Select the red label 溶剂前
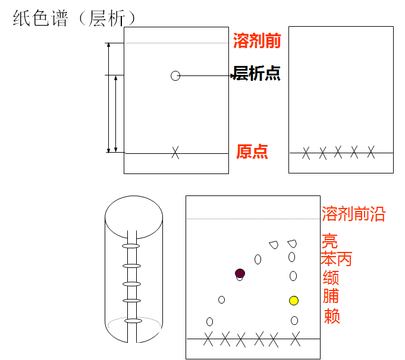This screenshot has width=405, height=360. [257, 41]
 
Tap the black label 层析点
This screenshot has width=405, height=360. [257, 74]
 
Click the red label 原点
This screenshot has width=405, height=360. [252, 151]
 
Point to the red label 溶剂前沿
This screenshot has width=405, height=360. [353, 214]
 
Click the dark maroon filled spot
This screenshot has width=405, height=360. [240, 273]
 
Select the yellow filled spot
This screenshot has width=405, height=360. [294, 301]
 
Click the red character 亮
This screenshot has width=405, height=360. [329, 241]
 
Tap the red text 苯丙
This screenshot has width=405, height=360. [336, 259]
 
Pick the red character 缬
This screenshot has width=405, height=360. [331, 277]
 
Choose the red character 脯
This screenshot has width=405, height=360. [331, 296]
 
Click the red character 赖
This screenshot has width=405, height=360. [332, 315]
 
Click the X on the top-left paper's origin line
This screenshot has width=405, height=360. [175, 153]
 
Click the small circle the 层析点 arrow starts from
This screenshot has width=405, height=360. [175, 75]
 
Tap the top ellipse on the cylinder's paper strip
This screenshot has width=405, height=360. [131, 246]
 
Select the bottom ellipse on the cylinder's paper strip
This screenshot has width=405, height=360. [133, 321]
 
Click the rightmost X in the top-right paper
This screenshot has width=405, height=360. [371, 152]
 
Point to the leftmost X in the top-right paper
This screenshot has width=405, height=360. [306, 153]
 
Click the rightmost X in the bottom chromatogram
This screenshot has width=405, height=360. [296, 339]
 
